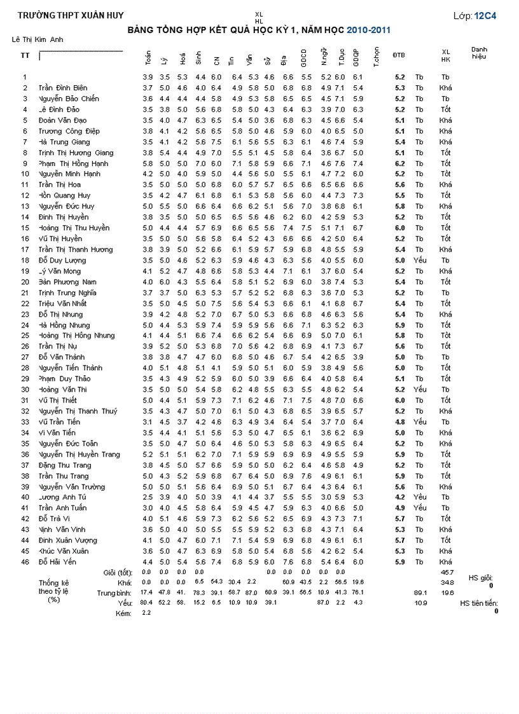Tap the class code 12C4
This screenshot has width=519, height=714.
pos(485,15)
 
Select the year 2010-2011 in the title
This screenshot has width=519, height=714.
pos(369,30)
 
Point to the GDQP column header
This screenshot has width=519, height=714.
pos(357,58)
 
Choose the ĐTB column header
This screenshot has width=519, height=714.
pos(399,55)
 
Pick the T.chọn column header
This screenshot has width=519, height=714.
pos(377,57)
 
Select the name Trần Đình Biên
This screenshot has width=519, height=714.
pos(63,88)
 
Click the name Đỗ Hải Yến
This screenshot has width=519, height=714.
pos(57,562)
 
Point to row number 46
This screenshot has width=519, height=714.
pos(25,562)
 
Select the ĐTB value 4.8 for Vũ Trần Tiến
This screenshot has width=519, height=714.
pos(399,422)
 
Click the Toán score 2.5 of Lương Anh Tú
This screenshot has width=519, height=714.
pos(148,497)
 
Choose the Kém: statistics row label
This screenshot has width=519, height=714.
pos(123,613)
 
